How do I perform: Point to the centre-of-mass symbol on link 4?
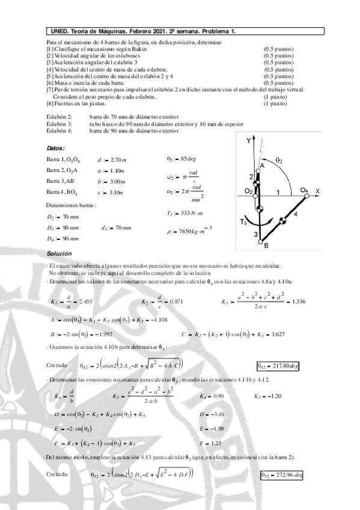pos(285,219)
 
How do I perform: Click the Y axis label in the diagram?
pos(248,140)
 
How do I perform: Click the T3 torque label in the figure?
pos(243,221)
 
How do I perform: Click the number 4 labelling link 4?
pos(295,213)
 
